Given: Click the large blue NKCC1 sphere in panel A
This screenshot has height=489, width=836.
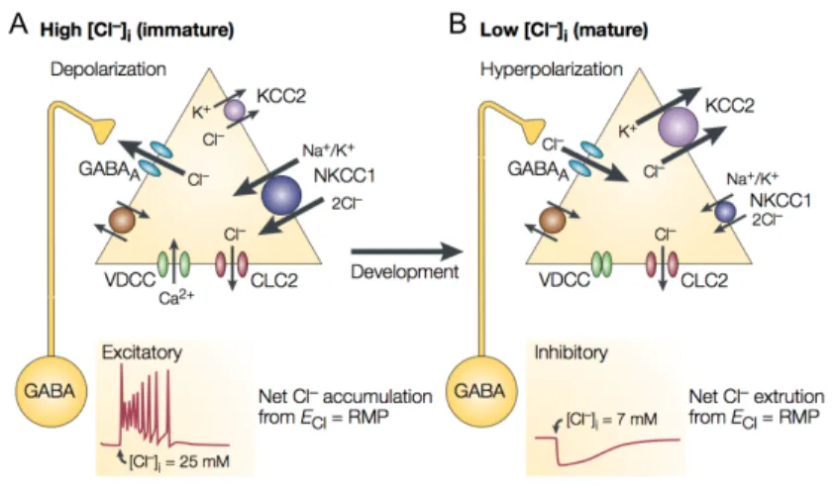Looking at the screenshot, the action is [x=281, y=195].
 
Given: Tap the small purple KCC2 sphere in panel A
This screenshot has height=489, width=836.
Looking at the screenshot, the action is [x=234, y=110].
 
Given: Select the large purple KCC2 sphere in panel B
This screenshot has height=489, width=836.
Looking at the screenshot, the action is [x=678, y=128].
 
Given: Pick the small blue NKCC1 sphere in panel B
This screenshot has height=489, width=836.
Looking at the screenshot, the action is [x=725, y=212].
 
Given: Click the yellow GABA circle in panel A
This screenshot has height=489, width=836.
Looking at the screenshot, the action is [x=52, y=392].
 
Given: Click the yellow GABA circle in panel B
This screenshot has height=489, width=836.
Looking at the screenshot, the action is [x=481, y=392].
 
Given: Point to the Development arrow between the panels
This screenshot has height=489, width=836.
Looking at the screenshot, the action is [x=406, y=250].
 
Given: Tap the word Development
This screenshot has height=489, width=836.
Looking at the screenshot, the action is [x=405, y=271].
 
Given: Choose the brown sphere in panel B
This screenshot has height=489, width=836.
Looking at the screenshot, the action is [x=553, y=221].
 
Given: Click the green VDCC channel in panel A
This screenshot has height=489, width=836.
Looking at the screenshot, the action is [x=173, y=263].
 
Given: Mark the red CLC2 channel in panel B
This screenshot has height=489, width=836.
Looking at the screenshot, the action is [x=662, y=263].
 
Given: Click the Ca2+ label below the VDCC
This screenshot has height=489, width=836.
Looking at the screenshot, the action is [x=176, y=298].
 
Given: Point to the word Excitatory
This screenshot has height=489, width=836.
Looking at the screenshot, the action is [x=142, y=352].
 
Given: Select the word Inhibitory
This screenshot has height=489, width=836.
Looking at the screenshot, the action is [x=571, y=352].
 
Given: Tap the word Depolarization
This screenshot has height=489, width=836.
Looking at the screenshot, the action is [x=108, y=69].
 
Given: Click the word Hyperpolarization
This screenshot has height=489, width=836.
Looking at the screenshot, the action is [x=552, y=69].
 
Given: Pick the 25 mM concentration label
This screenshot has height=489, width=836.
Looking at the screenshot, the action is [x=179, y=460].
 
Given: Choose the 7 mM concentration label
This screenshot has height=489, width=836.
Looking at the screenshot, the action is [x=612, y=420].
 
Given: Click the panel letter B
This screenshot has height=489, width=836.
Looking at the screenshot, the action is [x=458, y=25].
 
